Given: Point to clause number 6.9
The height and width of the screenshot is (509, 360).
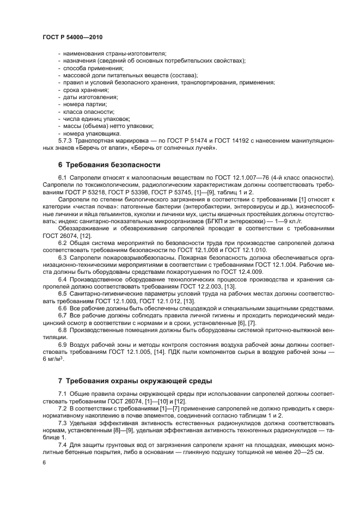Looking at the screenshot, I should [63, 345].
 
